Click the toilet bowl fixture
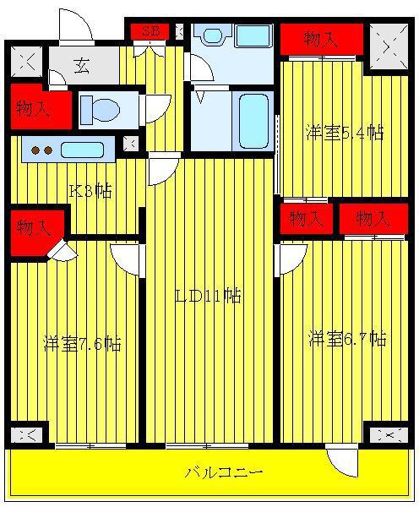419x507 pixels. tap(101, 110)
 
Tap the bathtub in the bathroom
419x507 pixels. tap(253, 122)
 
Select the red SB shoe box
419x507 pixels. tap(150, 31)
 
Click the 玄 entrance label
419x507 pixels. tap(81, 66)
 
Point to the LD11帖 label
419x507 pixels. tap(208, 296)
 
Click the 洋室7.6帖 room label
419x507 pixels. tap(83, 344)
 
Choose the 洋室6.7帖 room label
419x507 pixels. tap(347, 339)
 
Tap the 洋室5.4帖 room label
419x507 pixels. tap(345, 133)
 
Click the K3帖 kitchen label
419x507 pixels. tap(91, 191)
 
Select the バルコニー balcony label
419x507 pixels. tap(224, 472)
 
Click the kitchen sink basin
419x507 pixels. tap(83, 150)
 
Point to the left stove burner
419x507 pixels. tap(35, 150)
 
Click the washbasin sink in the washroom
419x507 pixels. tap(213, 35)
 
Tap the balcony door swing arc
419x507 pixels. tap(340, 466)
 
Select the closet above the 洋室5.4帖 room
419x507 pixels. tap(322, 39)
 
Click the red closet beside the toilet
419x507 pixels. tap(41, 106)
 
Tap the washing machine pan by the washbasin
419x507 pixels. tap(253, 35)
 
